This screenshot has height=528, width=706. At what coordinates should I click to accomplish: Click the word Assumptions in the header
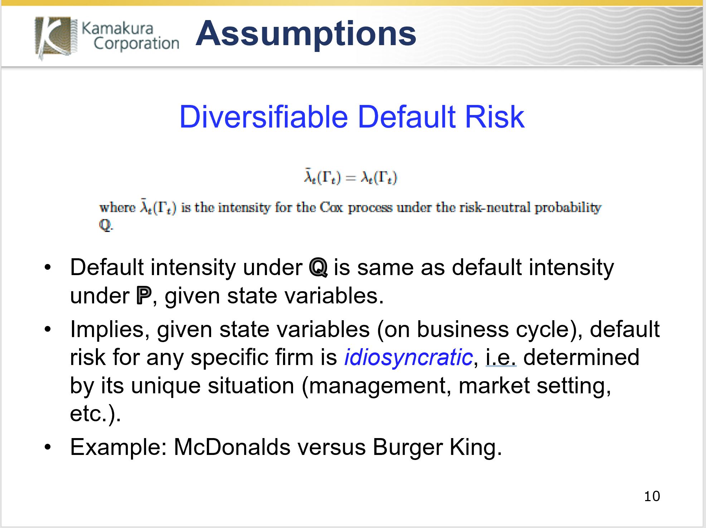click(306, 33)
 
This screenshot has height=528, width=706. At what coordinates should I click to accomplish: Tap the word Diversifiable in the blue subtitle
click(263, 117)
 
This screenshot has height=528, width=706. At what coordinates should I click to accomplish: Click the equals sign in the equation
click(351, 178)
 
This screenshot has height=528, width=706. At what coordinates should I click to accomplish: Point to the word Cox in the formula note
click(331, 207)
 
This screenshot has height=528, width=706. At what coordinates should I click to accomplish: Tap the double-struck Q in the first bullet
click(318, 268)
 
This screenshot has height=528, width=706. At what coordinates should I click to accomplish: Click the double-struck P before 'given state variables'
click(144, 296)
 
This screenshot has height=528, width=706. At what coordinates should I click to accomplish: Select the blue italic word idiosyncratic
click(408, 357)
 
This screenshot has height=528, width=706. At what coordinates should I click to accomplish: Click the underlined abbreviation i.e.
click(501, 357)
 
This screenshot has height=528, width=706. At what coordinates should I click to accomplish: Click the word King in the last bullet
click(476, 448)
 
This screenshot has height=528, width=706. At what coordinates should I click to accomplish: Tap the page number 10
click(652, 496)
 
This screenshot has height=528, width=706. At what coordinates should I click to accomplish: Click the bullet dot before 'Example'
click(48, 447)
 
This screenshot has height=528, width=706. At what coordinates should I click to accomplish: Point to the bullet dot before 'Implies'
click(48, 329)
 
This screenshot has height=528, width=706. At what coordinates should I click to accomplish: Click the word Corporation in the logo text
click(136, 44)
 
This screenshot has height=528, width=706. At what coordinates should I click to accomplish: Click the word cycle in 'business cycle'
click(546, 330)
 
